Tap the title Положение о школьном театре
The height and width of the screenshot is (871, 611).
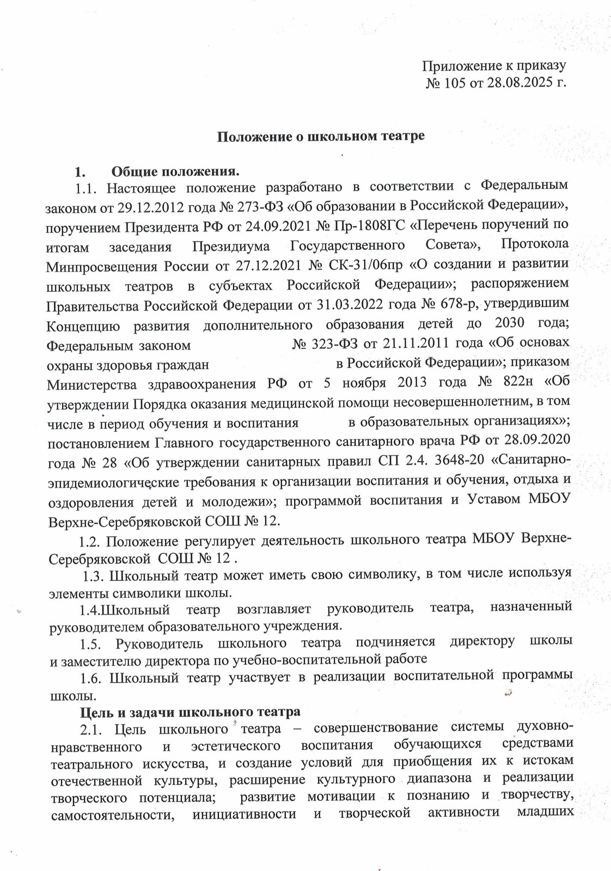321,136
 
